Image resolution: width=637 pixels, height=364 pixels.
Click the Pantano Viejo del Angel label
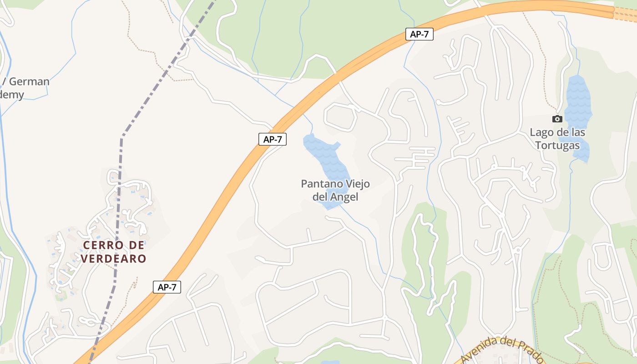(335, 190)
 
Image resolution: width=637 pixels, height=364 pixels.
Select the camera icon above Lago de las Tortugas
(557, 119)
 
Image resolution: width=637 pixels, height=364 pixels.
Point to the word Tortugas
(557, 145)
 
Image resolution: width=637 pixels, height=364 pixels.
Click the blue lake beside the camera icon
(578, 100)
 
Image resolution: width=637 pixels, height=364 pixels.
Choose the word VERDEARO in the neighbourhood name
(114, 258)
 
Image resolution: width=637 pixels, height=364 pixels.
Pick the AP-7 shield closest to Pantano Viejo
(273, 139)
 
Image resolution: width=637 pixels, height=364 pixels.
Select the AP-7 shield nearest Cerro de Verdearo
(167, 287)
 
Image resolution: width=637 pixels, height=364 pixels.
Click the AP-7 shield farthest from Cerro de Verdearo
(419, 34)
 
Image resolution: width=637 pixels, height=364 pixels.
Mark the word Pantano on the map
(317, 184)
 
